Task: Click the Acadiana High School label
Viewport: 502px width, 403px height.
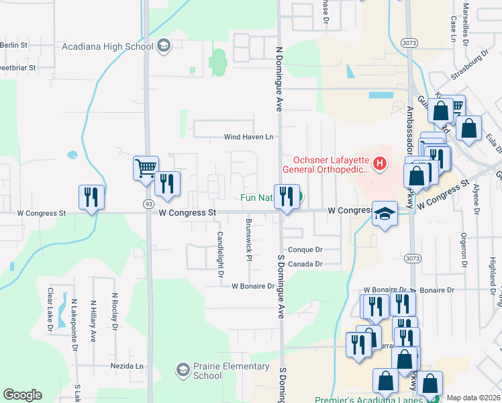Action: pyautogui.click(x=107, y=46)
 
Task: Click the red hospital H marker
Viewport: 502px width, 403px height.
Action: pyautogui.click(x=381, y=163)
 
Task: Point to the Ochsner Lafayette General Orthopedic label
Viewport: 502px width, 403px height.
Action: pyautogui.click(x=331, y=165)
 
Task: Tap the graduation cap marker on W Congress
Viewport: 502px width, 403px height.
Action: pyautogui.click(x=385, y=214)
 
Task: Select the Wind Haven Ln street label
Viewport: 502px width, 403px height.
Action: pyautogui.click(x=249, y=137)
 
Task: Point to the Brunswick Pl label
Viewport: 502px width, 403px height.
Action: pyautogui.click(x=248, y=239)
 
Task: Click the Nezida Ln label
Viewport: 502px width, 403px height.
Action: pyautogui.click(x=127, y=367)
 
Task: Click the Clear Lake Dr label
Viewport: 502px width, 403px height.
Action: pyautogui.click(x=50, y=310)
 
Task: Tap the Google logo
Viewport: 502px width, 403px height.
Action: pyautogui.click(x=22, y=395)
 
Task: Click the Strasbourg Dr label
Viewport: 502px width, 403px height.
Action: pyautogui.click(x=477, y=65)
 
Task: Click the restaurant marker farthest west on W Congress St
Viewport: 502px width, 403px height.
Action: pyautogui.click(x=91, y=197)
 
